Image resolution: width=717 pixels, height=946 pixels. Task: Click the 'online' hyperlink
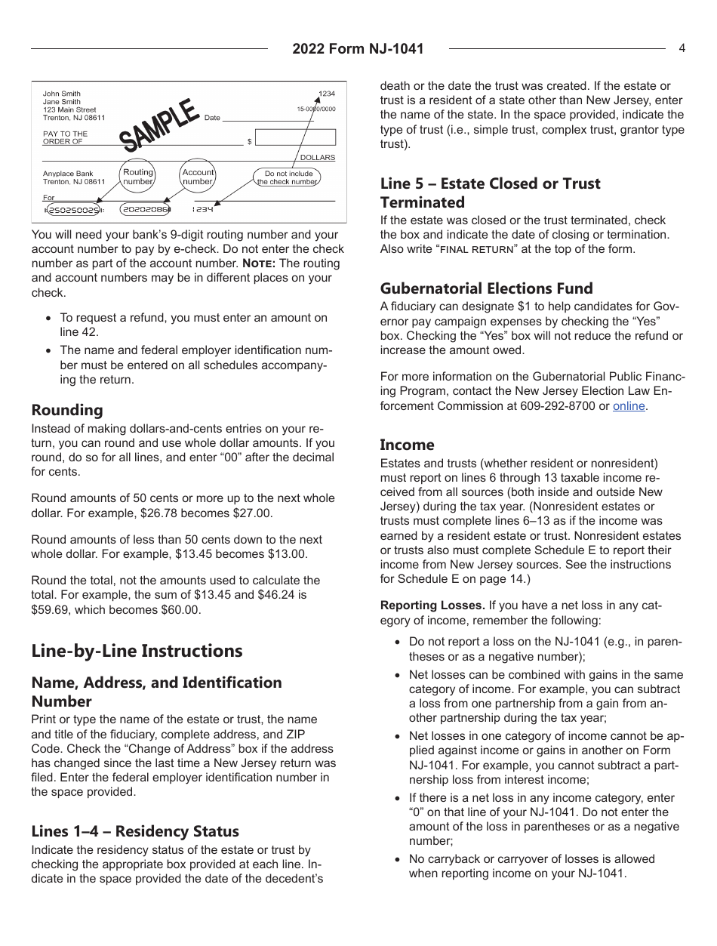[x=629, y=406]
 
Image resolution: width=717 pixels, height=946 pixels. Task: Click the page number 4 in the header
[x=682, y=48]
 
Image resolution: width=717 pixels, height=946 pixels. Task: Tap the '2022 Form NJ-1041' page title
[x=358, y=49]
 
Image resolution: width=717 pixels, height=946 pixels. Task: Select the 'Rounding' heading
[x=67, y=410]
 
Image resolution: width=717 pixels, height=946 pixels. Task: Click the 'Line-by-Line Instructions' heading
[x=137, y=651]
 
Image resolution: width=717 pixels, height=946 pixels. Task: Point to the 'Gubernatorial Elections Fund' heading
[x=486, y=288]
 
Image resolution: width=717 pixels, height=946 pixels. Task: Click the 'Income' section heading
[x=407, y=445]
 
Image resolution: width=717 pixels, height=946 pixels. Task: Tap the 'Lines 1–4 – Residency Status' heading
[x=135, y=831]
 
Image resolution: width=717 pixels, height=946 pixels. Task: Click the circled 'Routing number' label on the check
[x=138, y=177]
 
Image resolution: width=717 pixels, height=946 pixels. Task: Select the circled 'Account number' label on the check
[x=198, y=177]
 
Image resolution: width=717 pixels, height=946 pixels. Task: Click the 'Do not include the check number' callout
[x=288, y=177]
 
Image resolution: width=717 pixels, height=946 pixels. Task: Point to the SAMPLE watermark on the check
[x=159, y=125]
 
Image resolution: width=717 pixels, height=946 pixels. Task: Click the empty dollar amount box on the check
[x=295, y=137]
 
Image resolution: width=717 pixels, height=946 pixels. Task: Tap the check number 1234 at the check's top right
[x=326, y=94]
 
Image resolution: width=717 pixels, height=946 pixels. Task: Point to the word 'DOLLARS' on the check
[x=317, y=157]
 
